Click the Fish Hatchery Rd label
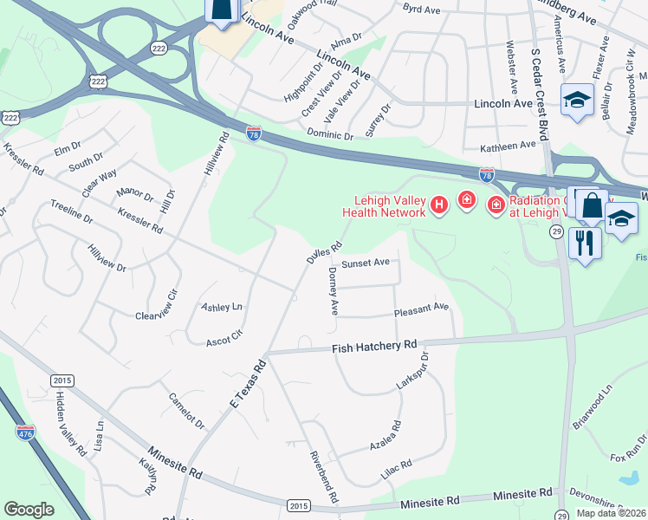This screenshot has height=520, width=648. (x=374, y=348)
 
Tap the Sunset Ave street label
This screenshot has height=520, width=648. (x=365, y=263)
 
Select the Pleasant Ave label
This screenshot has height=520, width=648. (x=421, y=308)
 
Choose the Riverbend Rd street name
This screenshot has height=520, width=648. (x=322, y=476)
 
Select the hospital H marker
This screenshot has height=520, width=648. (x=439, y=205)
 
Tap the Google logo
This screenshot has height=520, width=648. (x=29, y=510)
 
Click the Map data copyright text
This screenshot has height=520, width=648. (x=611, y=513)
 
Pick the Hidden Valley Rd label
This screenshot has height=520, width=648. (x=71, y=424)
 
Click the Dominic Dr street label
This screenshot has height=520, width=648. (x=330, y=134)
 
